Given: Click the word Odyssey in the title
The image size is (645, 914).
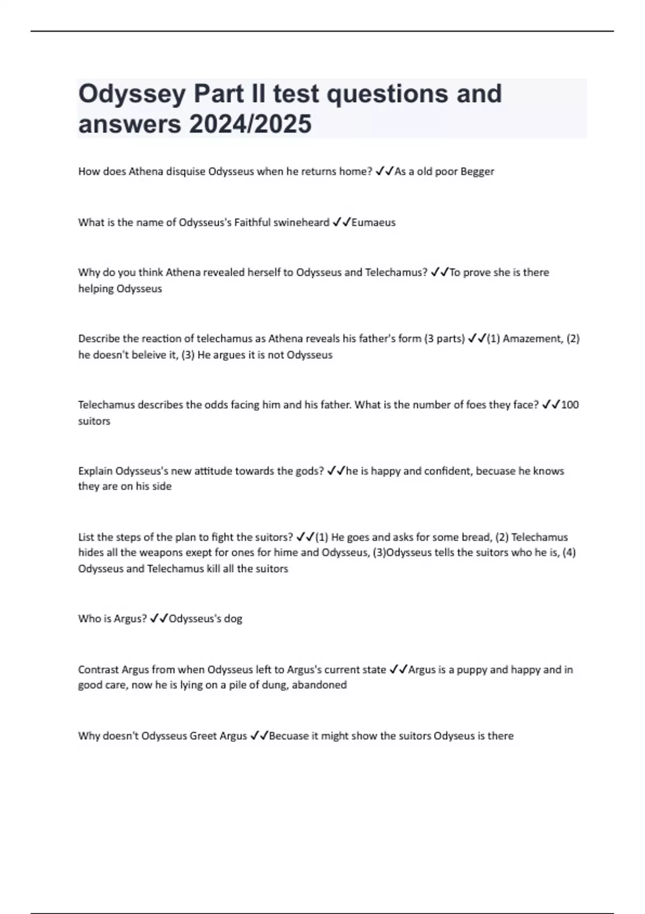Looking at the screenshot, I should (x=131, y=95).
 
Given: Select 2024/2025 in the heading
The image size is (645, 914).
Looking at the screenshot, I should (x=250, y=124).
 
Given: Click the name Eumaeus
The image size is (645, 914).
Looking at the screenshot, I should (x=373, y=223).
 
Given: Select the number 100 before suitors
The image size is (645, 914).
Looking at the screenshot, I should (x=570, y=405).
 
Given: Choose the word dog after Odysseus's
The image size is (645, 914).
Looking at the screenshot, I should (x=233, y=619).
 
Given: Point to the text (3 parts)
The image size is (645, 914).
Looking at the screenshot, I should (x=444, y=339).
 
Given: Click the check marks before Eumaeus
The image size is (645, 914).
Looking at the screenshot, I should (x=341, y=223).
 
